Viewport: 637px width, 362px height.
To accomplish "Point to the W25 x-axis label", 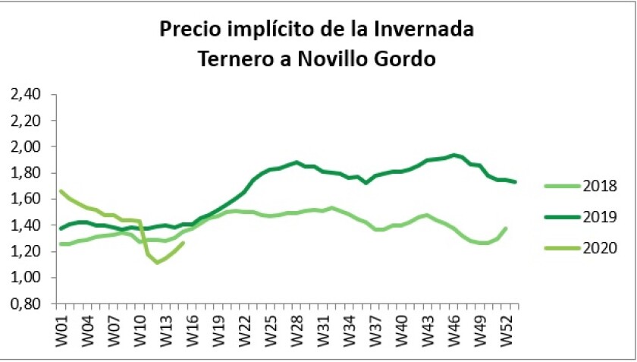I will coord(270,327).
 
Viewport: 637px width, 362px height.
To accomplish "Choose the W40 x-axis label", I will coord(401,327).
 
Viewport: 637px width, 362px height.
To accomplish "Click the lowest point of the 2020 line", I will coord(157,263).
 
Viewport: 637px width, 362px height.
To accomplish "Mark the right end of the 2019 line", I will coord(516,181).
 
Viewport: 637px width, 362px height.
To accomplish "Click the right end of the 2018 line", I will coord(506,228).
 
